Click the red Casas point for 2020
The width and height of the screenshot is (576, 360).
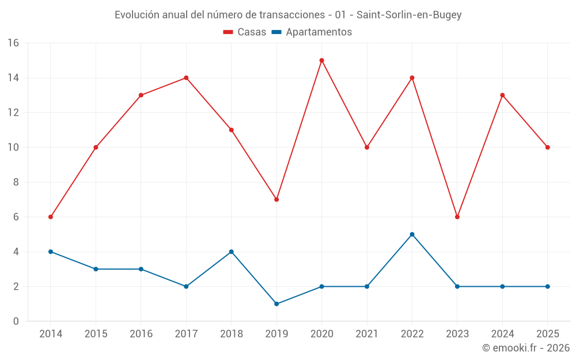click(322, 60)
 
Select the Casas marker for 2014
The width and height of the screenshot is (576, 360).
click(51, 217)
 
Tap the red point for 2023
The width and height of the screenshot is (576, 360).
click(457, 217)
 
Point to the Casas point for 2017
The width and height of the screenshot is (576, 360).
click(186, 78)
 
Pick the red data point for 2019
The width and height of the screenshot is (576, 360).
click(276, 199)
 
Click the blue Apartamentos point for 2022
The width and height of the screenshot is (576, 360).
click(412, 234)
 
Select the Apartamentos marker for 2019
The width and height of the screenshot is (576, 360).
click(276, 304)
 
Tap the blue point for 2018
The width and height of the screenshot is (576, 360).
click(232, 252)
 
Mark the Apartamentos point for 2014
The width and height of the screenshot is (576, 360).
click(51, 252)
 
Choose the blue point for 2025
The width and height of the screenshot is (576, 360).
click(548, 286)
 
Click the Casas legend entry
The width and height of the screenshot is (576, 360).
click(245, 32)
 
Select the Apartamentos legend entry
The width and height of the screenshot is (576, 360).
click(312, 32)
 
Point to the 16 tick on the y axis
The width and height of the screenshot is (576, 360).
click(13, 43)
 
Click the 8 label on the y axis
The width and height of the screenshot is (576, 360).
click(16, 182)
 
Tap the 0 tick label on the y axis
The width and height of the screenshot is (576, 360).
click(16, 321)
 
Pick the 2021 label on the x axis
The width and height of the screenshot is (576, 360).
click(367, 334)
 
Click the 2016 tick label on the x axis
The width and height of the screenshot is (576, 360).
click(141, 334)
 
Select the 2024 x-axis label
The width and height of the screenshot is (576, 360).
click(502, 334)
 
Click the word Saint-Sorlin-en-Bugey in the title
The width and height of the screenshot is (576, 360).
click(409, 15)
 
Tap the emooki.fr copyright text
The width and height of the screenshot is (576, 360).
click(526, 347)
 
